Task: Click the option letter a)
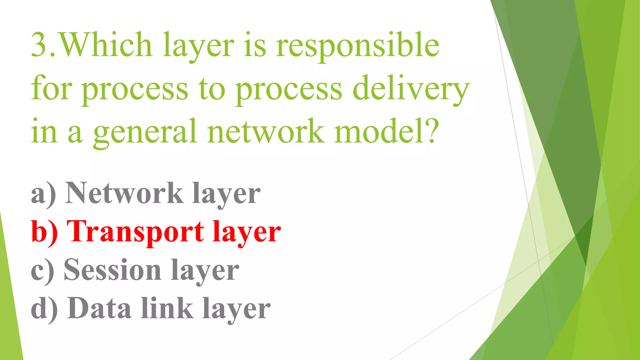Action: click(43, 194)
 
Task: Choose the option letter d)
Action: click(44, 309)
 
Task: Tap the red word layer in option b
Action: click(247, 233)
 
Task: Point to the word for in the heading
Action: click(52, 89)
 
